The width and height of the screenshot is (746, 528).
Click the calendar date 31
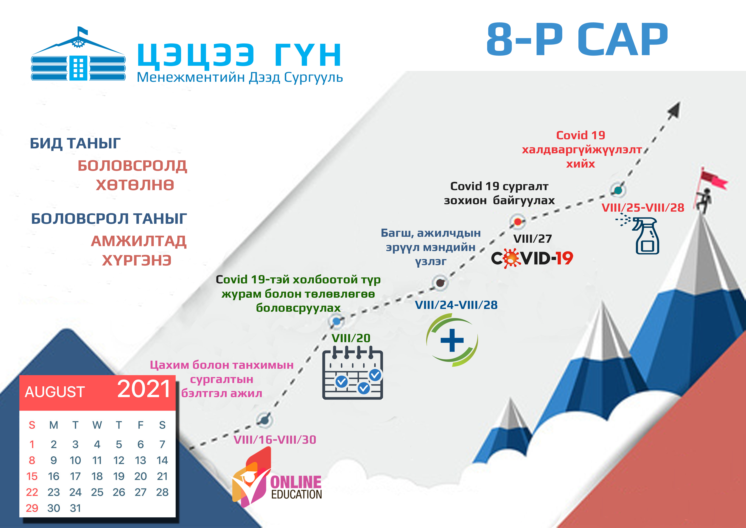coord(75,508)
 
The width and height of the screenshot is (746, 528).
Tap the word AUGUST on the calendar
coord(55,392)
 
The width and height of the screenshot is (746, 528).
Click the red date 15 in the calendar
coord(32,476)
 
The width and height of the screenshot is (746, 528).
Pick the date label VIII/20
coord(351,338)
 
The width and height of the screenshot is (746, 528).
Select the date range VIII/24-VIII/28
coord(456,305)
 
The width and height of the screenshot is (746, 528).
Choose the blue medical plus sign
coord(452,340)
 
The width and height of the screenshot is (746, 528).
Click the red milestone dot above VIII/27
coord(518,222)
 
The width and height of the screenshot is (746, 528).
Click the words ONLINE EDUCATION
coord(296,487)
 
